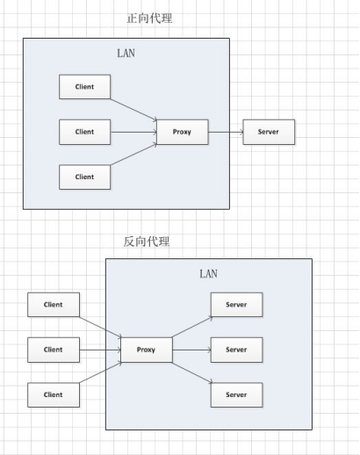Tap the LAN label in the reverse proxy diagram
tap(208, 273)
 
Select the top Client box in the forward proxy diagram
tap(84, 87)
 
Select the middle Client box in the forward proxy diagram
tap(84, 133)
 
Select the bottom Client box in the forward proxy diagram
tap(84, 177)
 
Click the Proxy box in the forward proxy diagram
tap(183, 133)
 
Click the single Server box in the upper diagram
tap(269, 133)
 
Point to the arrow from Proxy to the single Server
tap(227, 133)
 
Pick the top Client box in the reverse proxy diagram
tap(54, 306)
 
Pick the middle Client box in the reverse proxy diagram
tap(54, 350)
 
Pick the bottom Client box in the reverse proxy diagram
tap(54, 394)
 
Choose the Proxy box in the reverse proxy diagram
tap(147, 350)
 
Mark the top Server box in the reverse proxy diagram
tap(236, 306)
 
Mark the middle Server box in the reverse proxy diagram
tap(236, 350)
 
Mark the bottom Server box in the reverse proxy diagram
tap(236, 394)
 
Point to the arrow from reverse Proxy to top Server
tap(191, 326)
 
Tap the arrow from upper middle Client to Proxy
tap(133, 133)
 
